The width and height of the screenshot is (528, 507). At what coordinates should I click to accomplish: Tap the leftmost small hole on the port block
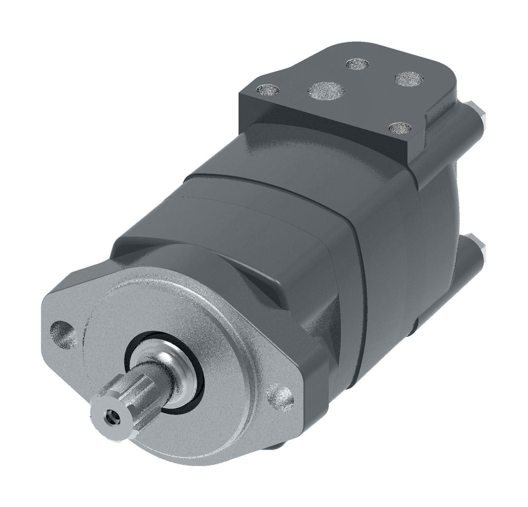[x=267, y=89]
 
